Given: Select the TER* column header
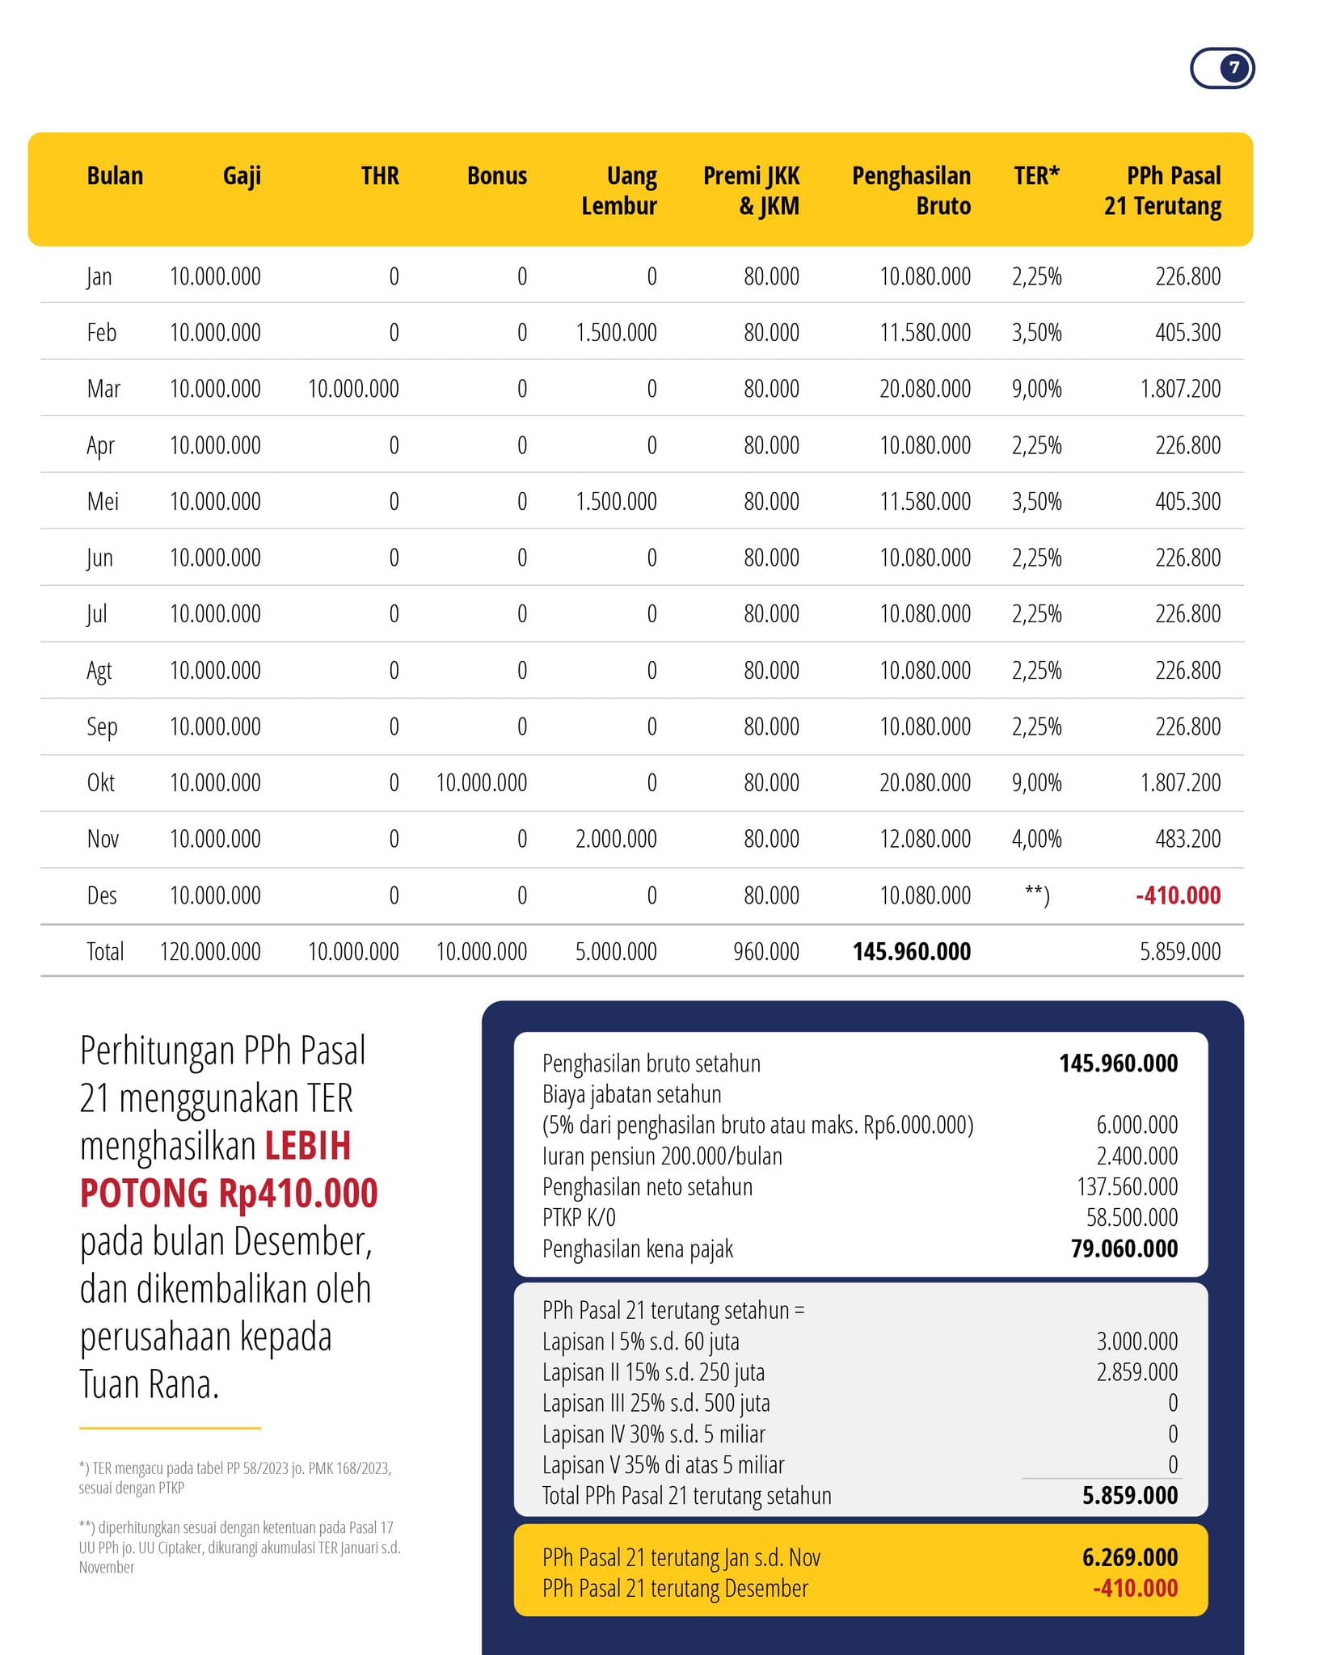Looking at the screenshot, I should click(1036, 175).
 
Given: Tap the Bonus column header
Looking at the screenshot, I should click(496, 175).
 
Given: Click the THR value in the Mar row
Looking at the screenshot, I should click(353, 389).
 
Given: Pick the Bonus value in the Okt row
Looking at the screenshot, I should click(481, 782).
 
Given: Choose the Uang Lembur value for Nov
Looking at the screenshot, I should click(616, 839).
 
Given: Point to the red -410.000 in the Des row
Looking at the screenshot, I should click(1178, 895).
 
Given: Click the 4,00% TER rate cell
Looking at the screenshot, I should click(1036, 839).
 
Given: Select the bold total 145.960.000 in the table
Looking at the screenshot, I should click(912, 951).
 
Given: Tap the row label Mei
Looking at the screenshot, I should click(103, 501).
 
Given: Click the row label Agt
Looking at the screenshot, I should click(99, 671).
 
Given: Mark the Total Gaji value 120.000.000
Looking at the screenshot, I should click(210, 951).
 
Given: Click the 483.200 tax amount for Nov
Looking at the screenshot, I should click(1187, 839).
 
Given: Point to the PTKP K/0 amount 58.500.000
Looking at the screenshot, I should click(1132, 1217).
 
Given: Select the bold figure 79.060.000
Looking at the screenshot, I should click(1124, 1249).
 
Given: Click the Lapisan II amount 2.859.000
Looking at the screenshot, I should click(1136, 1371).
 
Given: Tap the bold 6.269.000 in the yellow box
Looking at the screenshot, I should click(1130, 1556).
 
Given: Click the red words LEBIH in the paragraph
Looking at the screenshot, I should click(308, 1145).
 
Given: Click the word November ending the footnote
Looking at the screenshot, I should click(107, 1567).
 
